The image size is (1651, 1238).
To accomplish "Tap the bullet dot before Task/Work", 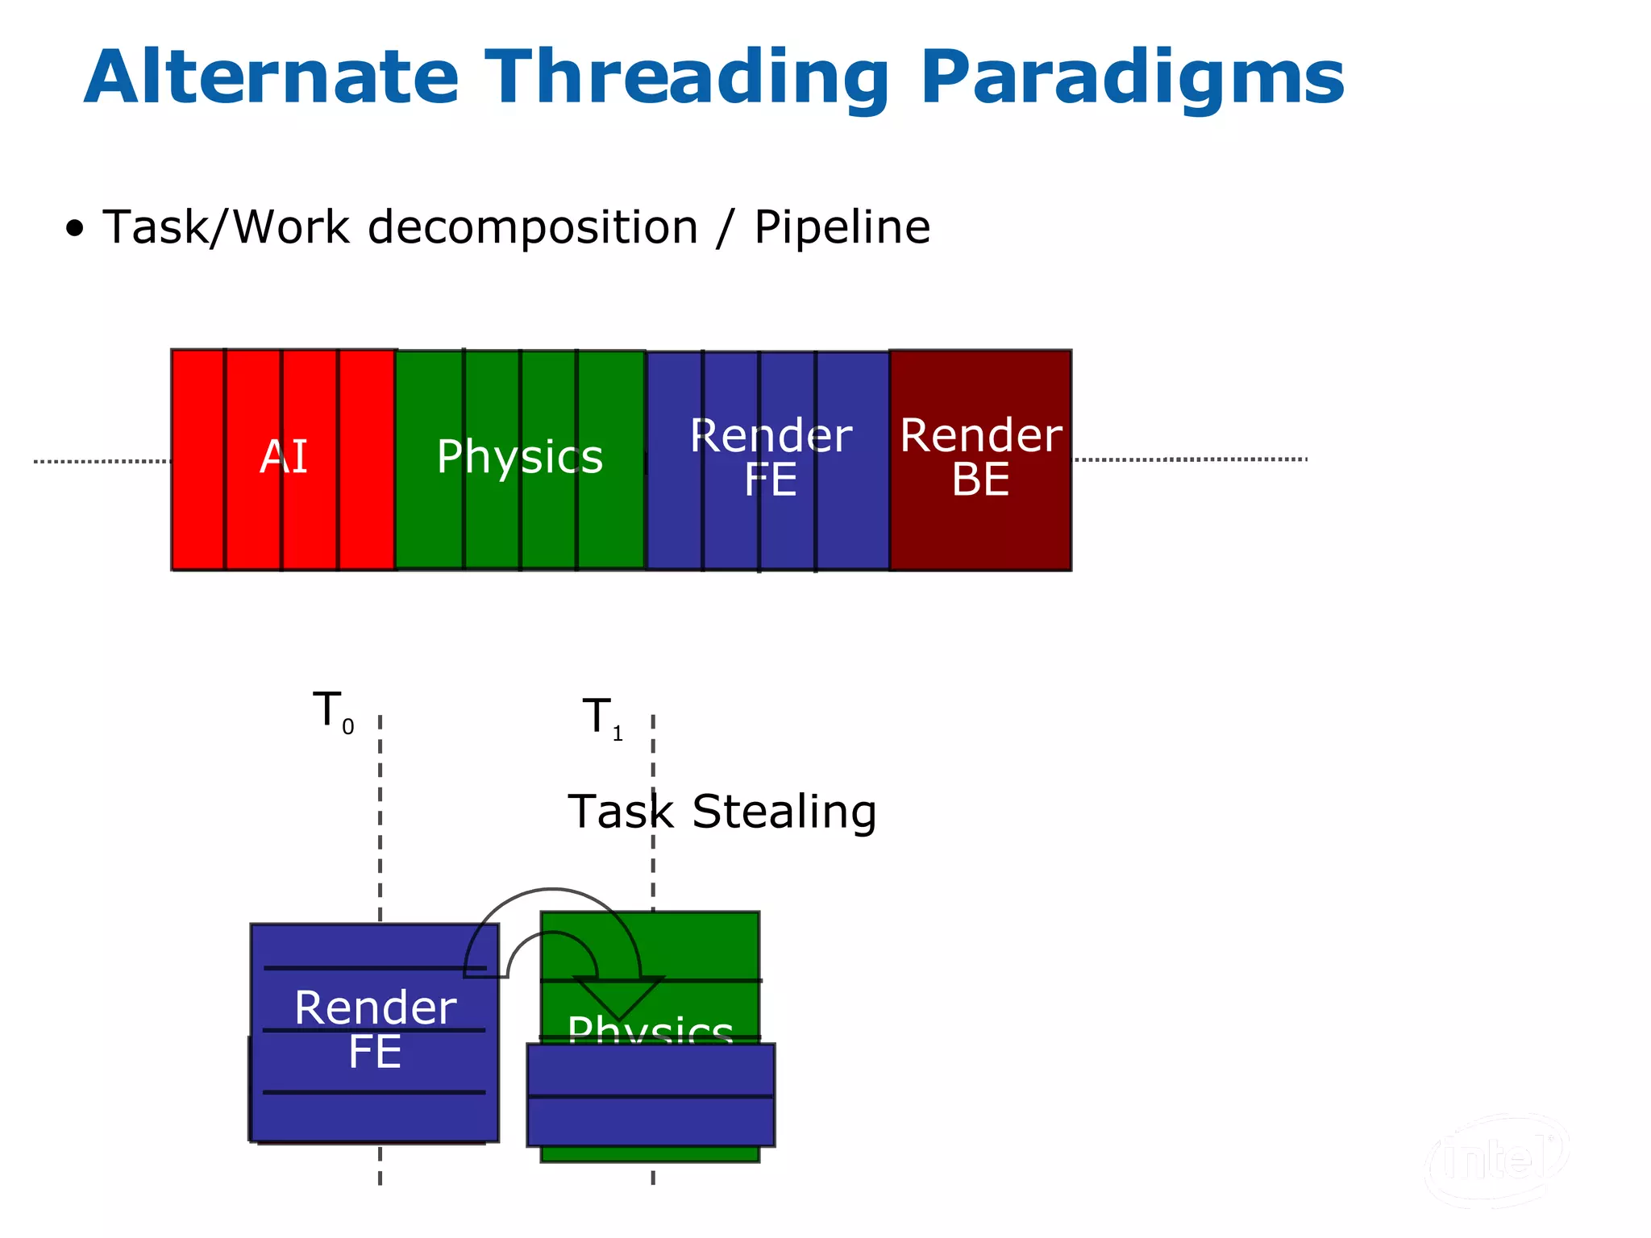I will tap(75, 229).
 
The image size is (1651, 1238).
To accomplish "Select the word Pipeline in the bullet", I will tap(842, 226).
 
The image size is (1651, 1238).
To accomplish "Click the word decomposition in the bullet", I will tap(533, 227).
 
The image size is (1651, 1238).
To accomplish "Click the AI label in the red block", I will tap(284, 457).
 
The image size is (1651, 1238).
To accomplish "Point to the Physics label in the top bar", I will tap(520, 457).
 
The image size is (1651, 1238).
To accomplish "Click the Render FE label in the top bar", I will tap(770, 458).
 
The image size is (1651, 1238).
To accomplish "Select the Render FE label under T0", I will tap(375, 1029).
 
